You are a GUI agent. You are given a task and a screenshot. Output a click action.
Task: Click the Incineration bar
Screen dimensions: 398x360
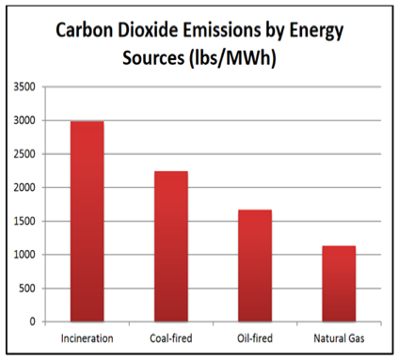pos(87,221)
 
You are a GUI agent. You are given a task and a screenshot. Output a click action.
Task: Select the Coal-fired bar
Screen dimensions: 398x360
pos(171,246)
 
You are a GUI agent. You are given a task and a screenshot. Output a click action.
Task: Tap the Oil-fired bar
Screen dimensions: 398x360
pos(255,266)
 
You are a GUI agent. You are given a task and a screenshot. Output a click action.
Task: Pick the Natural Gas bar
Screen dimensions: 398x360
pos(339,284)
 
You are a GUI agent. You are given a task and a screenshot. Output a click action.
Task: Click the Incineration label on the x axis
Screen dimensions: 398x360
pos(87,338)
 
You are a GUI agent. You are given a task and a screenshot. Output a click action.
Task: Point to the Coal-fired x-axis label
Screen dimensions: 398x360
pos(171,338)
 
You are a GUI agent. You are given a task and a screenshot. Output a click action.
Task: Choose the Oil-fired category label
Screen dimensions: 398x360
pos(255,338)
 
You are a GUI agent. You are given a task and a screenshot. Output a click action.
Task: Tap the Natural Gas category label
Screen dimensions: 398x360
pos(339,338)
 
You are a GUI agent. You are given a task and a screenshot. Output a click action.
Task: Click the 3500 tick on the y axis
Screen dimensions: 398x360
pos(24,86)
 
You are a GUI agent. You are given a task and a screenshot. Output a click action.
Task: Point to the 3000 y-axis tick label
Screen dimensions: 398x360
pos(24,120)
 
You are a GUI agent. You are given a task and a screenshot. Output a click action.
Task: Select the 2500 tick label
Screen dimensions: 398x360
pos(24,154)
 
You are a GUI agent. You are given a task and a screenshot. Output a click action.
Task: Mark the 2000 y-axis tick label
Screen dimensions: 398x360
pos(24,187)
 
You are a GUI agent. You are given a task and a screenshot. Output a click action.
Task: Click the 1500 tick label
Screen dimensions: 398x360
pos(24,221)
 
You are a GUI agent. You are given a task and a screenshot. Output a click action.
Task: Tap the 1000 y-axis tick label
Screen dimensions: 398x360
pos(24,255)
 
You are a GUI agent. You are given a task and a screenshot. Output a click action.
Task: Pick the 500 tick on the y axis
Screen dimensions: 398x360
pos(27,288)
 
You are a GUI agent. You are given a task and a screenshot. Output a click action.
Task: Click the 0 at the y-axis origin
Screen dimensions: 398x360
pos(33,321)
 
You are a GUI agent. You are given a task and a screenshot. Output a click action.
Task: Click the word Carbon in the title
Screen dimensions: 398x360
pos(84,30)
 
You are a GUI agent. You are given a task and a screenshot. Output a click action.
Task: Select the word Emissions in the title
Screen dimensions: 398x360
pos(222,30)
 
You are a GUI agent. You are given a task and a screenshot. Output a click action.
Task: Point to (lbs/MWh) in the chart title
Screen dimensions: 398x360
pos(232,58)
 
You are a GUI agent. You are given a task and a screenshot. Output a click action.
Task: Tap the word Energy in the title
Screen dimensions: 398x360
pos(316,32)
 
